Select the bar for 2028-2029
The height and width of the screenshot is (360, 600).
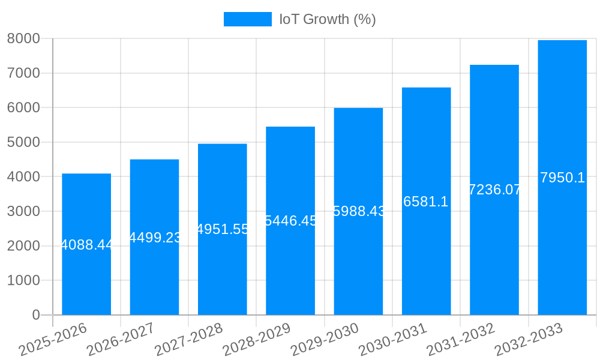coord(290,264)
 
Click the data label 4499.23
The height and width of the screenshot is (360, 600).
coord(155,238)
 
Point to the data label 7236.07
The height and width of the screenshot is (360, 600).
coord(494,190)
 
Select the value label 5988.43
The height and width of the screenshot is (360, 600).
coord(358,211)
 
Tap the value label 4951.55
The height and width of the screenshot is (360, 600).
coord(223,229)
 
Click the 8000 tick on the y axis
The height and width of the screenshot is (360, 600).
coord(23,38)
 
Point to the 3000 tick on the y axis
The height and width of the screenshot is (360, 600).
coord(23,211)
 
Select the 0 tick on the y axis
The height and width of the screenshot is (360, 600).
coord(36,315)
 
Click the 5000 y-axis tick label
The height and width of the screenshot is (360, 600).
coord(23,142)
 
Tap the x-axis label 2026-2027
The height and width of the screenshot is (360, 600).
coord(121,340)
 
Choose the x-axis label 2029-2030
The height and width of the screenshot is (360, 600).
coord(325,340)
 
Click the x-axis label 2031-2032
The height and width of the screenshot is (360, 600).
coord(461,340)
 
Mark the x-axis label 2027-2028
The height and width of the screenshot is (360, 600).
coord(188,340)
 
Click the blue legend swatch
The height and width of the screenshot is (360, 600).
coord(247,19)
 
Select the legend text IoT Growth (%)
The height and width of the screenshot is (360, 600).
coord(328,19)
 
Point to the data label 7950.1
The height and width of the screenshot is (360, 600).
coord(562,178)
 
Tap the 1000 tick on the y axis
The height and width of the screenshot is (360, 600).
coord(23,280)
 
